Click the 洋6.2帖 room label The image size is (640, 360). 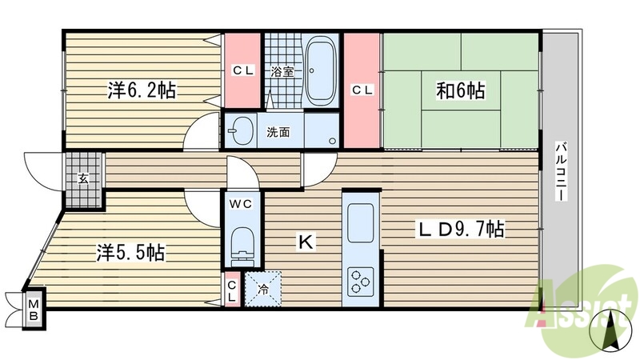[x=142, y=90]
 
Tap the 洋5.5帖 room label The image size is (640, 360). [x=131, y=254]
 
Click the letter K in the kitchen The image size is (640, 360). [x=305, y=239]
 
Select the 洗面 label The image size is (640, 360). [x=278, y=132]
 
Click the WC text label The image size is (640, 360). [x=241, y=204]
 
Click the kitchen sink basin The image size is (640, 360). [x=360, y=218]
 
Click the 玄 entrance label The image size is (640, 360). [x=83, y=178]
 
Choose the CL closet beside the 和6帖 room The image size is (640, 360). [x=362, y=90]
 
